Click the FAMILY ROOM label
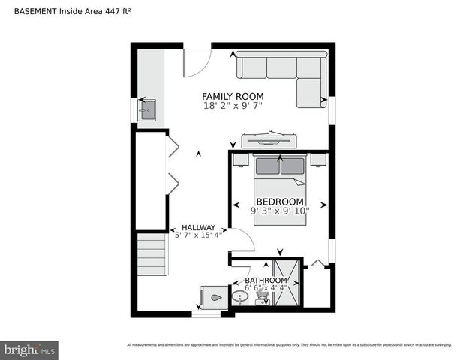click(x=233, y=96)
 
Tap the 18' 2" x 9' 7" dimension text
click(x=233, y=106)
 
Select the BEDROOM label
click(x=280, y=202)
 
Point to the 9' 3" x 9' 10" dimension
click(x=280, y=211)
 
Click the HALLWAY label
click(x=198, y=228)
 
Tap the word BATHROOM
click(x=266, y=280)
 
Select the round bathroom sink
click(x=239, y=297)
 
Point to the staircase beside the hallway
click(x=152, y=254)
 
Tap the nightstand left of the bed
click(x=240, y=160)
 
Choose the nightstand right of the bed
click(x=318, y=160)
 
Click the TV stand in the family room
click(x=268, y=140)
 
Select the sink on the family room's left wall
click(x=146, y=109)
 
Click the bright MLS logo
click(x=30, y=349)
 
